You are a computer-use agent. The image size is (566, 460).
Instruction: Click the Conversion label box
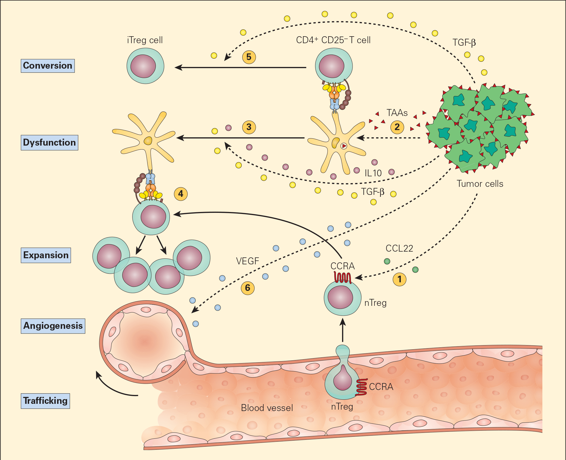[x=48, y=66]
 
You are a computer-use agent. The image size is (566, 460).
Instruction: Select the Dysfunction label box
[x=49, y=143]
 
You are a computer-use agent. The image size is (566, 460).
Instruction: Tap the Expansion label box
[x=46, y=255]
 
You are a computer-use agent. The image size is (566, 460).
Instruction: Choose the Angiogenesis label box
[x=53, y=326]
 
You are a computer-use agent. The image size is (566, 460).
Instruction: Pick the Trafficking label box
[x=45, y=401]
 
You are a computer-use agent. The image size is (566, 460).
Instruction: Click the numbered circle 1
[x=399, y=279]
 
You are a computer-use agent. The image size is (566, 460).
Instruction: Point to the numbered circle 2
[x=397, y=127]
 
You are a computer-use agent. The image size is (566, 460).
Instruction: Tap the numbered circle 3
[x=249, y=127]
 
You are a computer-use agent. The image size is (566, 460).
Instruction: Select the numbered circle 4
[x=181, y=194]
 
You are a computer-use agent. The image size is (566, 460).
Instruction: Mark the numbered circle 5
[x=249, y=57]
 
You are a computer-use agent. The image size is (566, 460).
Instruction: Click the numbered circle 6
[x=248, y=288]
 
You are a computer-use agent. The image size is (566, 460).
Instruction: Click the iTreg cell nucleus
[x=143, y=66]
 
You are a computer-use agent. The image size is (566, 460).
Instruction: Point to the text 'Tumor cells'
[x=480, y=184]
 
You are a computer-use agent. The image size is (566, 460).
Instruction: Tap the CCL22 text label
[x=399, y=249]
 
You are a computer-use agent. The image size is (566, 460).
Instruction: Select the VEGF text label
[x=248, y=261]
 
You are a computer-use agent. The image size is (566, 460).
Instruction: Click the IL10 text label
[x=373, y=173]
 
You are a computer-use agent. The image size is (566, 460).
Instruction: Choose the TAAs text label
[x=397, y=113]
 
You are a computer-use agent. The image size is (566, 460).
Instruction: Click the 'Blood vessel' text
[x=267, y=408]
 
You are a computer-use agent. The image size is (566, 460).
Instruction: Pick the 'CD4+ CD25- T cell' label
[x=333, y=40]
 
